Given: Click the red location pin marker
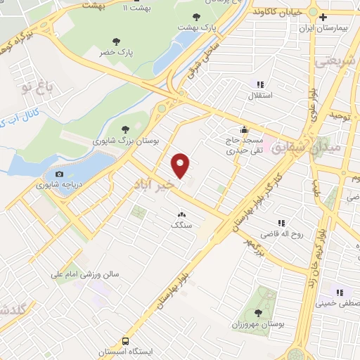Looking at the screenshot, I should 181,165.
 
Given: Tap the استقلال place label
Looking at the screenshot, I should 261,93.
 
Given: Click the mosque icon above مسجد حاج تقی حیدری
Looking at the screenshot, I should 243,129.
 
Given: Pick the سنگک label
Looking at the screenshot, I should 181,225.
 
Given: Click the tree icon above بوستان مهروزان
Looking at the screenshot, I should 257,311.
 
